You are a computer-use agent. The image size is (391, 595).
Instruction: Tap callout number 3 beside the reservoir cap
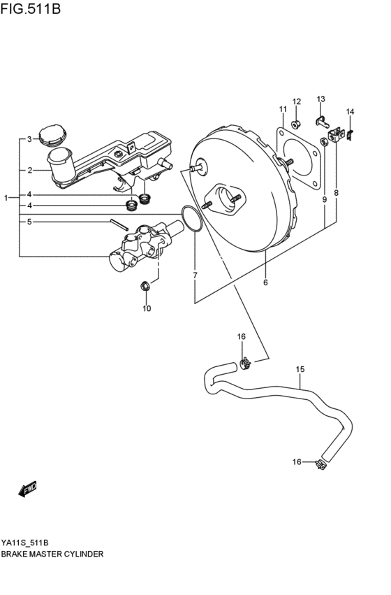(x=29, y=140)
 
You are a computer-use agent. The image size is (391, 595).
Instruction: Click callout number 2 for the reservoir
(x=29, y=170)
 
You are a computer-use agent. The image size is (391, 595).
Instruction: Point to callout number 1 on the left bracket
(x=6, y=199)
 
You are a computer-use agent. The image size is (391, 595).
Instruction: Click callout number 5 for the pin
(x=29, y=222)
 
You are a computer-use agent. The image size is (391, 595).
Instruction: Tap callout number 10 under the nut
(x=147, y=308)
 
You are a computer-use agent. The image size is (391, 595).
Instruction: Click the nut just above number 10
(x=145, y=285)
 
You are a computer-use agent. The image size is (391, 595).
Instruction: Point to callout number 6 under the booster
(x=265, y=282)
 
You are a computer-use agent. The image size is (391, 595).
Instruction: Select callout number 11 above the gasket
(x=283, y=110)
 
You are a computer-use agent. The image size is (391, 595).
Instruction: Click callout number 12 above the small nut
(x=296, y=102)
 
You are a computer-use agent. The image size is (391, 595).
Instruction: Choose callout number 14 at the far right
(x=350, y=112)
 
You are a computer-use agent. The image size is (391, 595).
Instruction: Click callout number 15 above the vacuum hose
(x=300, y=369)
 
